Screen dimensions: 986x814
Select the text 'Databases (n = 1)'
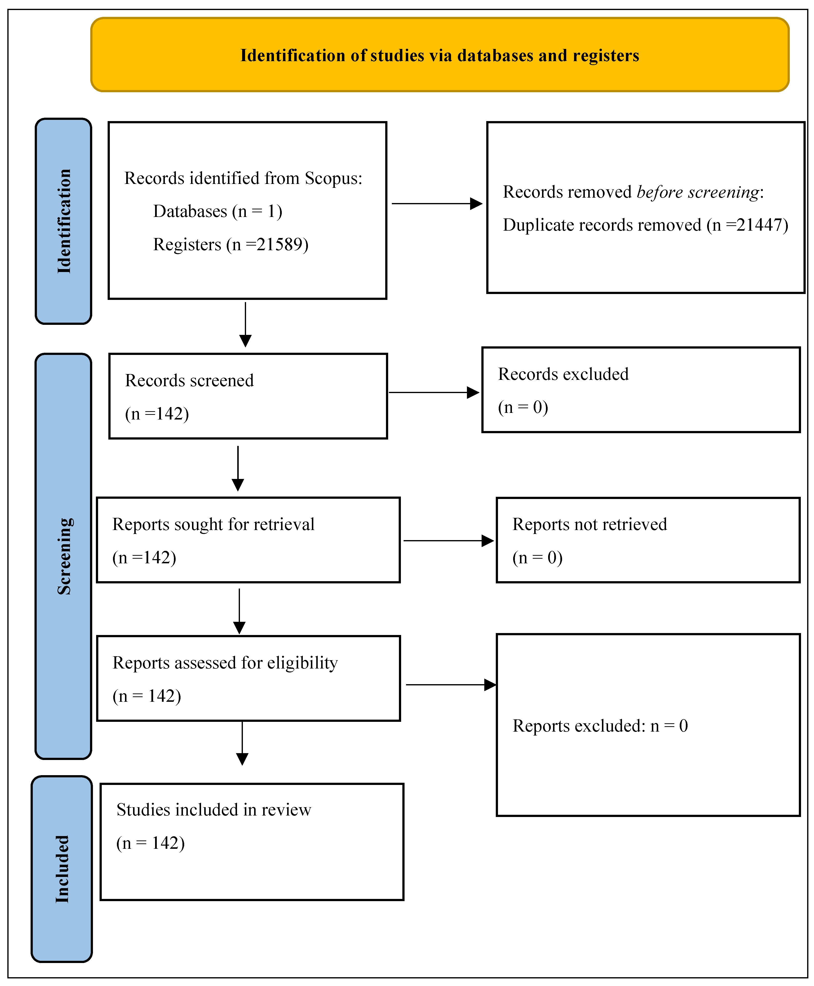pos(218,211)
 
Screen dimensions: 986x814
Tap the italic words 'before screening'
pos(698,192)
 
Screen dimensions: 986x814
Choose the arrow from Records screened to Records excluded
pos(434,392)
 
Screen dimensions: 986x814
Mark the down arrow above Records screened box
pos(245,324)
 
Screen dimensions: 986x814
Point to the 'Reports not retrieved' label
pos(589,524)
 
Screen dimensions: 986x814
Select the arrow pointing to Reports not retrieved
pos(448,541)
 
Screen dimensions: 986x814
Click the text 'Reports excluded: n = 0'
pos(600,726)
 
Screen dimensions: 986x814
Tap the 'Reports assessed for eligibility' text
pos(225,663)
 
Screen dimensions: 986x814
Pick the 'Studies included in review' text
pos(214,810)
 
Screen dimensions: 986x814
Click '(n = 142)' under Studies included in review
pos(150,843)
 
